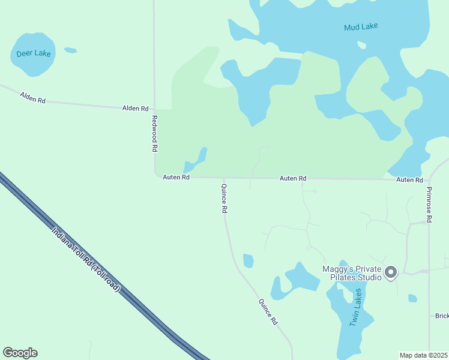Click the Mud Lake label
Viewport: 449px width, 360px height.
[x=361, y=27]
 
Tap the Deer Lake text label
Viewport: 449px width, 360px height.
[x=34, y=53]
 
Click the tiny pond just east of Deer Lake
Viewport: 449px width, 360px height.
[x=70, y=50]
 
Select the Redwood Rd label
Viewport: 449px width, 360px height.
[x=154, y=133]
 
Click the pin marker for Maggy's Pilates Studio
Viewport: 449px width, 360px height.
[x=391, y=272]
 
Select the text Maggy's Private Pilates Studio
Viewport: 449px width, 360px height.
[x=352, y=273]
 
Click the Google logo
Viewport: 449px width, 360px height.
[x=20, y=353]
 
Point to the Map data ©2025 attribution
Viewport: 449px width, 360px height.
[x=424, y=355]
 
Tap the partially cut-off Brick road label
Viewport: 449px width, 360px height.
[x=442, y=316]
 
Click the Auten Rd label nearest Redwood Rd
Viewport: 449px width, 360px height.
[x=176, y=178]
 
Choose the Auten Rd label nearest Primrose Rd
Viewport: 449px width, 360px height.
[x=409, y=180]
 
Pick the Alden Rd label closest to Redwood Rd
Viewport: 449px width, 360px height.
[x=135, y=109]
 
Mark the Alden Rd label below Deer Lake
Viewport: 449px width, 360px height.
[x=33, y=97]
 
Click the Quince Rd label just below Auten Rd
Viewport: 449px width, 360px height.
[x=224, y=199]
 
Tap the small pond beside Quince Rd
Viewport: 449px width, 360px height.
[x=248, y=261]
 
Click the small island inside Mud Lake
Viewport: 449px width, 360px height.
[x=361, y=45]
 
